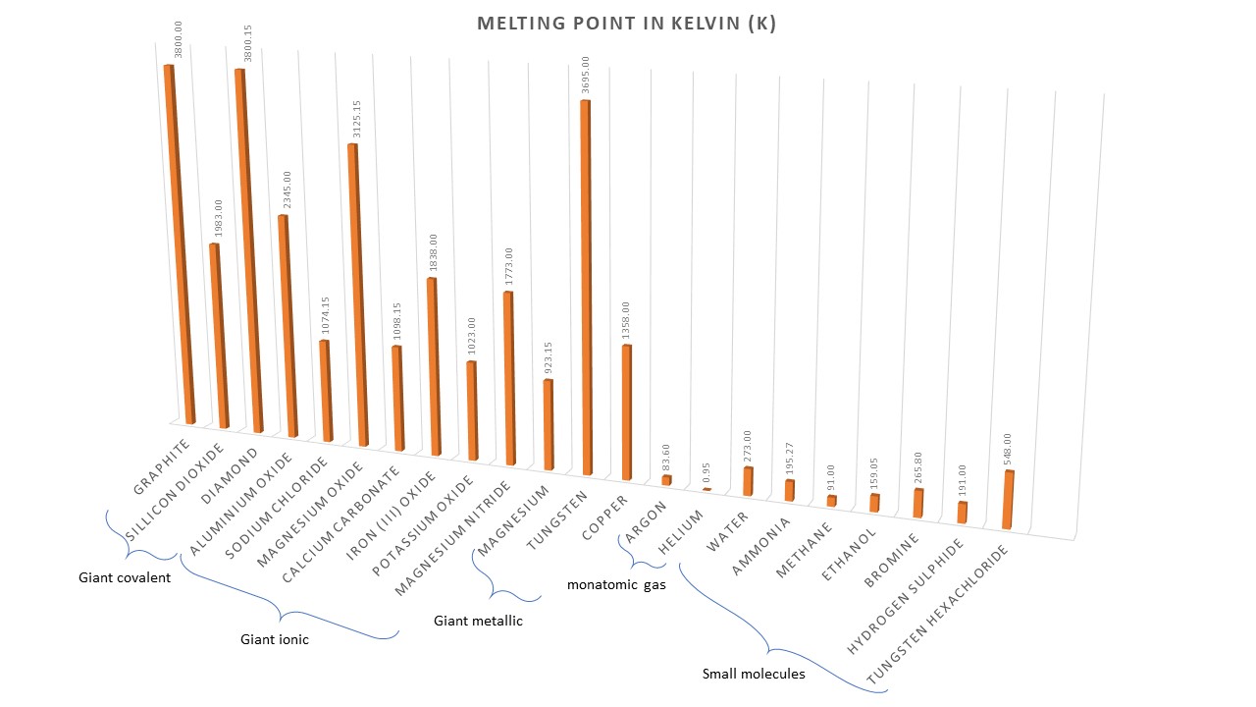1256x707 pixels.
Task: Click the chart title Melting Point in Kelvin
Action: (626, 24)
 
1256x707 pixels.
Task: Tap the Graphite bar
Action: (181, 245)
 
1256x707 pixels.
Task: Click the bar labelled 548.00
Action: (1008, 500)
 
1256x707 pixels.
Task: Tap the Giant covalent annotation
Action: (125, 577)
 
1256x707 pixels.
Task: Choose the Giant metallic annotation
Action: (479, 621)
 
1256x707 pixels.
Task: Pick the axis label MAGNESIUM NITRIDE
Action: (453, 538)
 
